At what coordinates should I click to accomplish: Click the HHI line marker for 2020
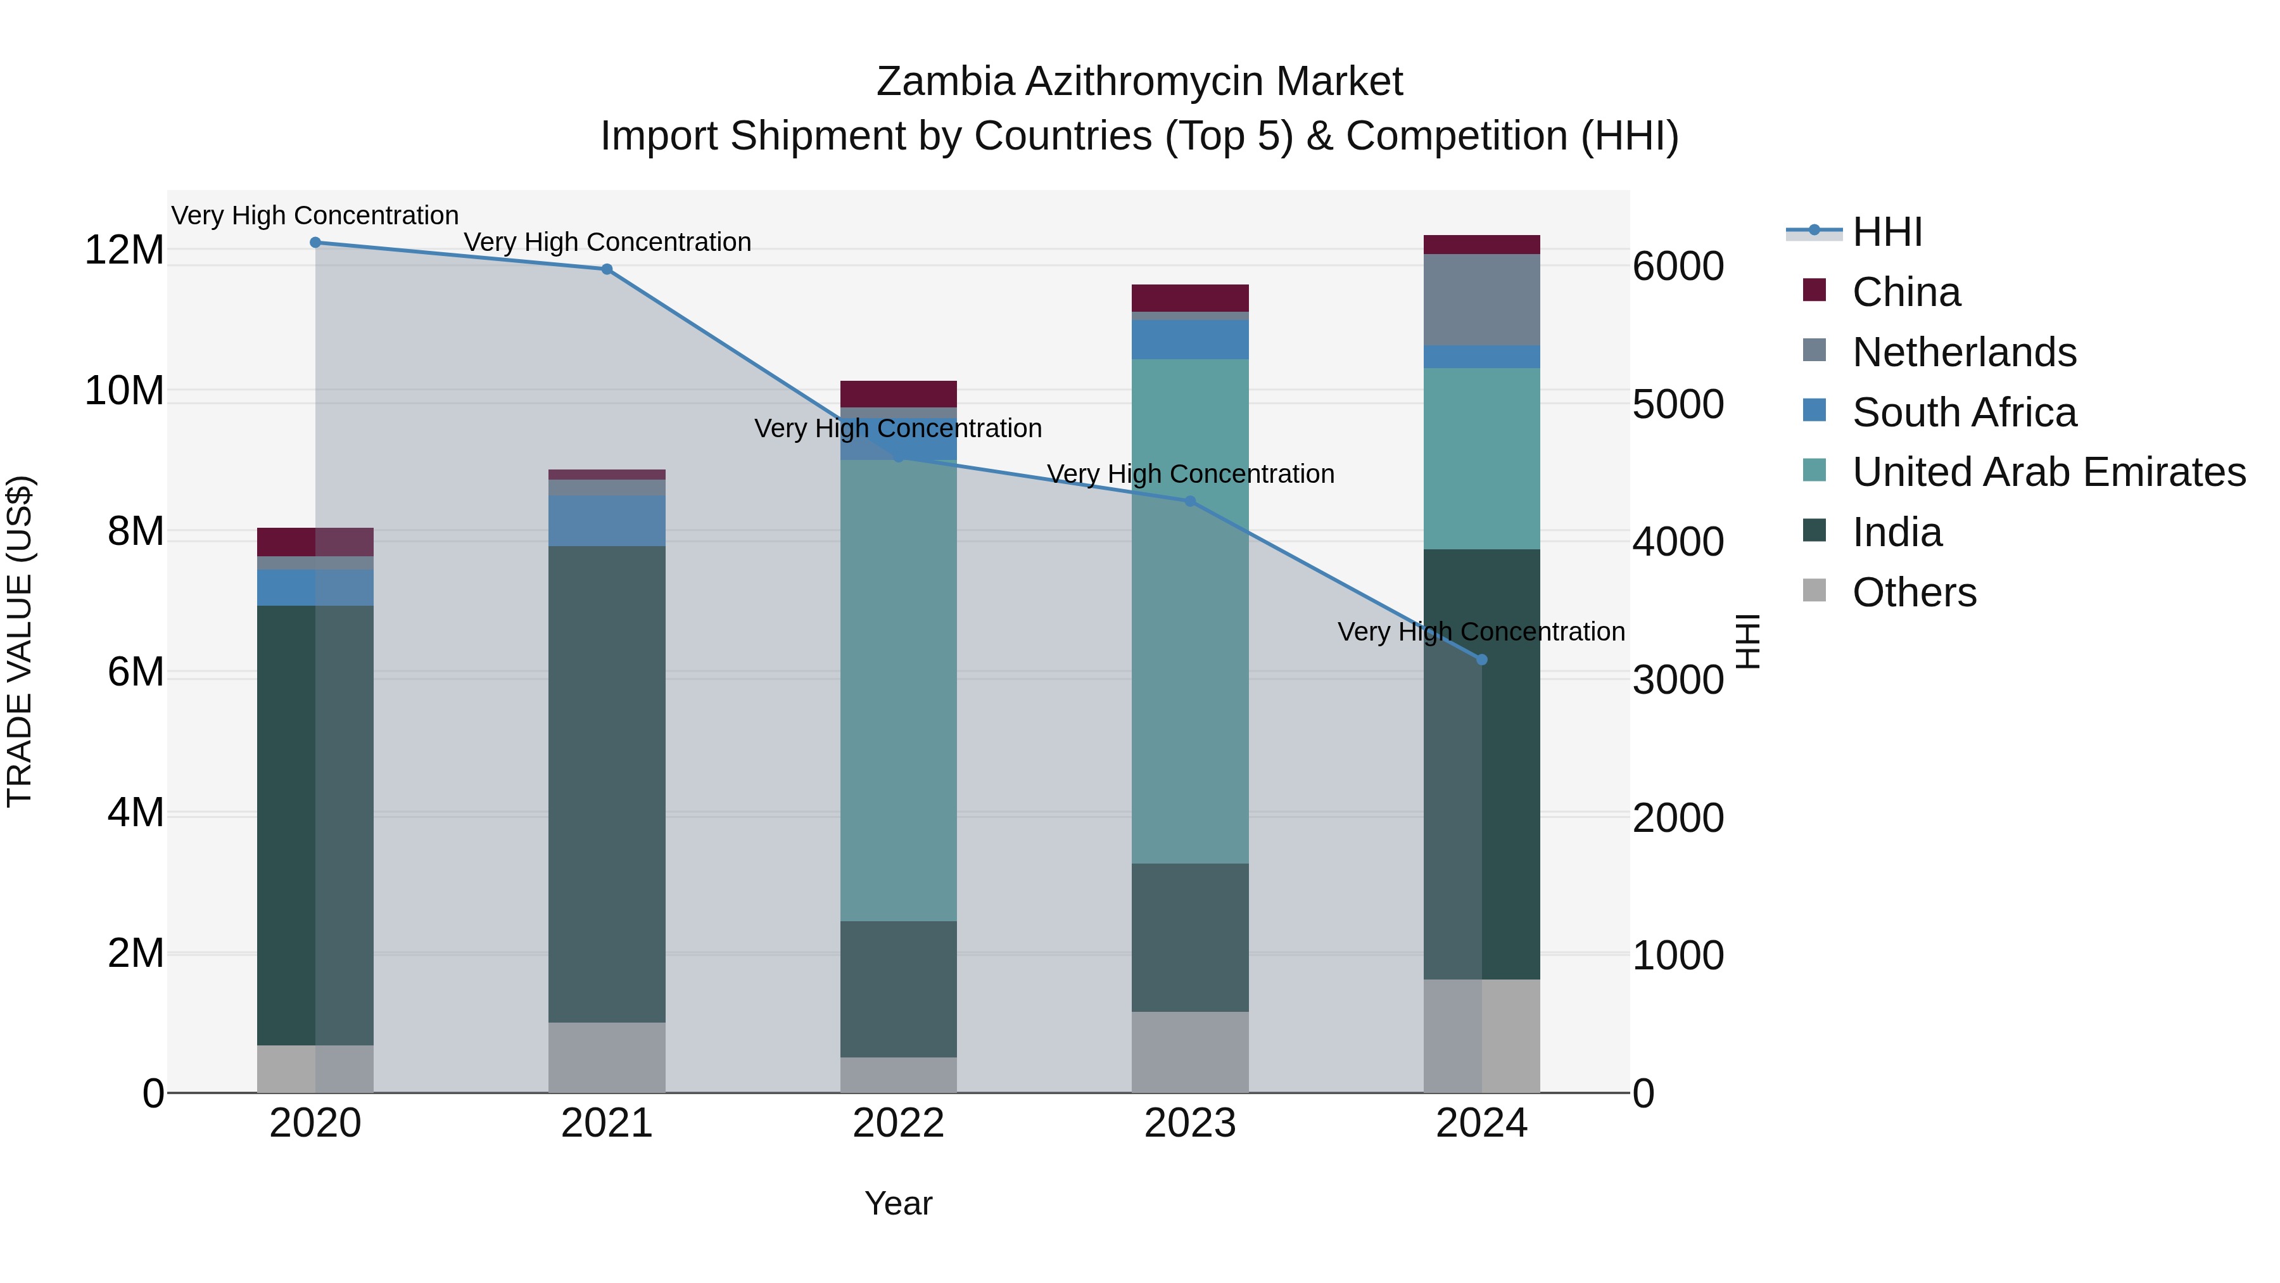click(315, 243)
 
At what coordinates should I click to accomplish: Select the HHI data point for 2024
click(1481, 660)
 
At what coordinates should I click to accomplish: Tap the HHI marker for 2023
click(1189, 501)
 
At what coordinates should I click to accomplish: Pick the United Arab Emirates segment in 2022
click(898, 691)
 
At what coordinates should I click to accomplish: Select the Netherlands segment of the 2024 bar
click(1481, 299)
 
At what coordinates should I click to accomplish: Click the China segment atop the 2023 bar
click(1189, 298)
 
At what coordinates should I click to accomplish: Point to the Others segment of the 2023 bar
click(1189, 1052)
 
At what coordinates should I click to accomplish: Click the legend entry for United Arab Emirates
click(2048, 472)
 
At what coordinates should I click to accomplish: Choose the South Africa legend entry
click(1963, 412)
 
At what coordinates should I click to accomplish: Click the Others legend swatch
click(1814, 590)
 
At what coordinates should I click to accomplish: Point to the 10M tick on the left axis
click(124, 390)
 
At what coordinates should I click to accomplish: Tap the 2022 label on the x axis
click(898, 1123)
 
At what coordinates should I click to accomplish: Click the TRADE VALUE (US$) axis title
click(20, 641)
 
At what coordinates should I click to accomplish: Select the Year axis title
click(898, 1203)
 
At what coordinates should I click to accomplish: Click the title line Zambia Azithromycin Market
click(1139, 82)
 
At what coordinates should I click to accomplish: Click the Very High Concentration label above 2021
click(607, 242)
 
